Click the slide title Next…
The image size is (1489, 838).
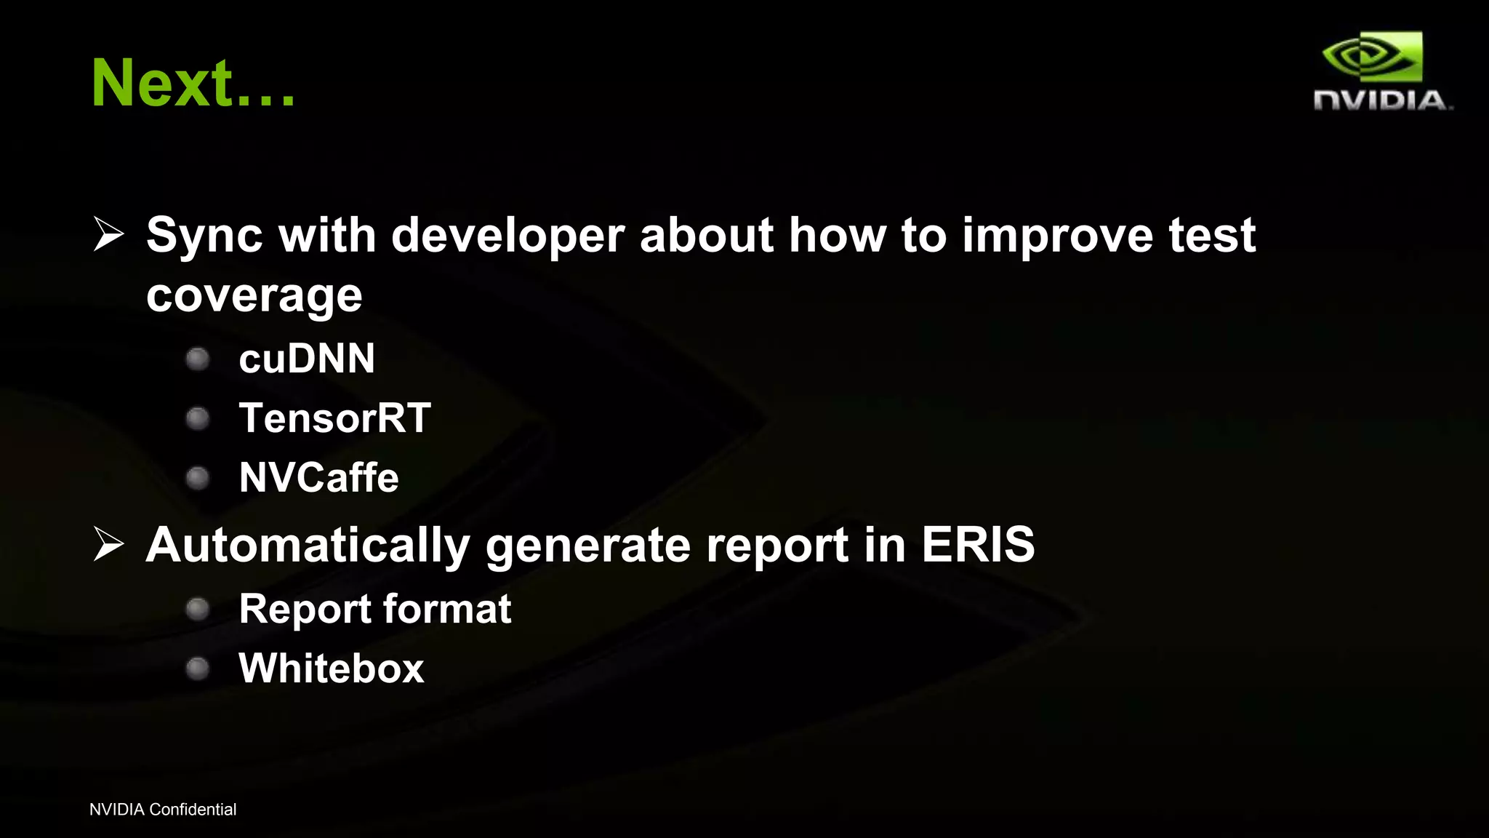click(x=193, y=83)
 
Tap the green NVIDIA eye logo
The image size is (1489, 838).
click(x=1371, y=56)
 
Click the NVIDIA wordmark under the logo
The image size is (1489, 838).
click(x=1381, y=100)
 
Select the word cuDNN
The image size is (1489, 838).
click(x=307, y=359)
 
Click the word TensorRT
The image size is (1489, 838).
click(x=334, y=418)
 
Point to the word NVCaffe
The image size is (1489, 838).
click(x=318, y=478)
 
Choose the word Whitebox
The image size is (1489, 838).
click(x=331, y=669)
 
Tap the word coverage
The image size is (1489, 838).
click(x=254, y=295)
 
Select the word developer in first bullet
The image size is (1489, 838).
click(x=507, y=236)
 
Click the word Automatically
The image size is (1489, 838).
click(x=308, y=546)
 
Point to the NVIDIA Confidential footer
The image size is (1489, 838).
click(x=163, y=810)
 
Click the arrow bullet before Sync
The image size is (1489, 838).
click(x=109, y=234)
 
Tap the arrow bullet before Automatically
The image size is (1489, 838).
click(x=109, y=544)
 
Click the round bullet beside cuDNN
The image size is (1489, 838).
click(x=198, y=359)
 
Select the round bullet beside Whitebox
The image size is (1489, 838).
click(x=198, y=669)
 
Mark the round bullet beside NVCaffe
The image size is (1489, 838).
click(x=198, y=478)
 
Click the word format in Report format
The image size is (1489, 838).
click(x=446, y=609)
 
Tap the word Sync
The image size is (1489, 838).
click(x=204, y=236)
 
